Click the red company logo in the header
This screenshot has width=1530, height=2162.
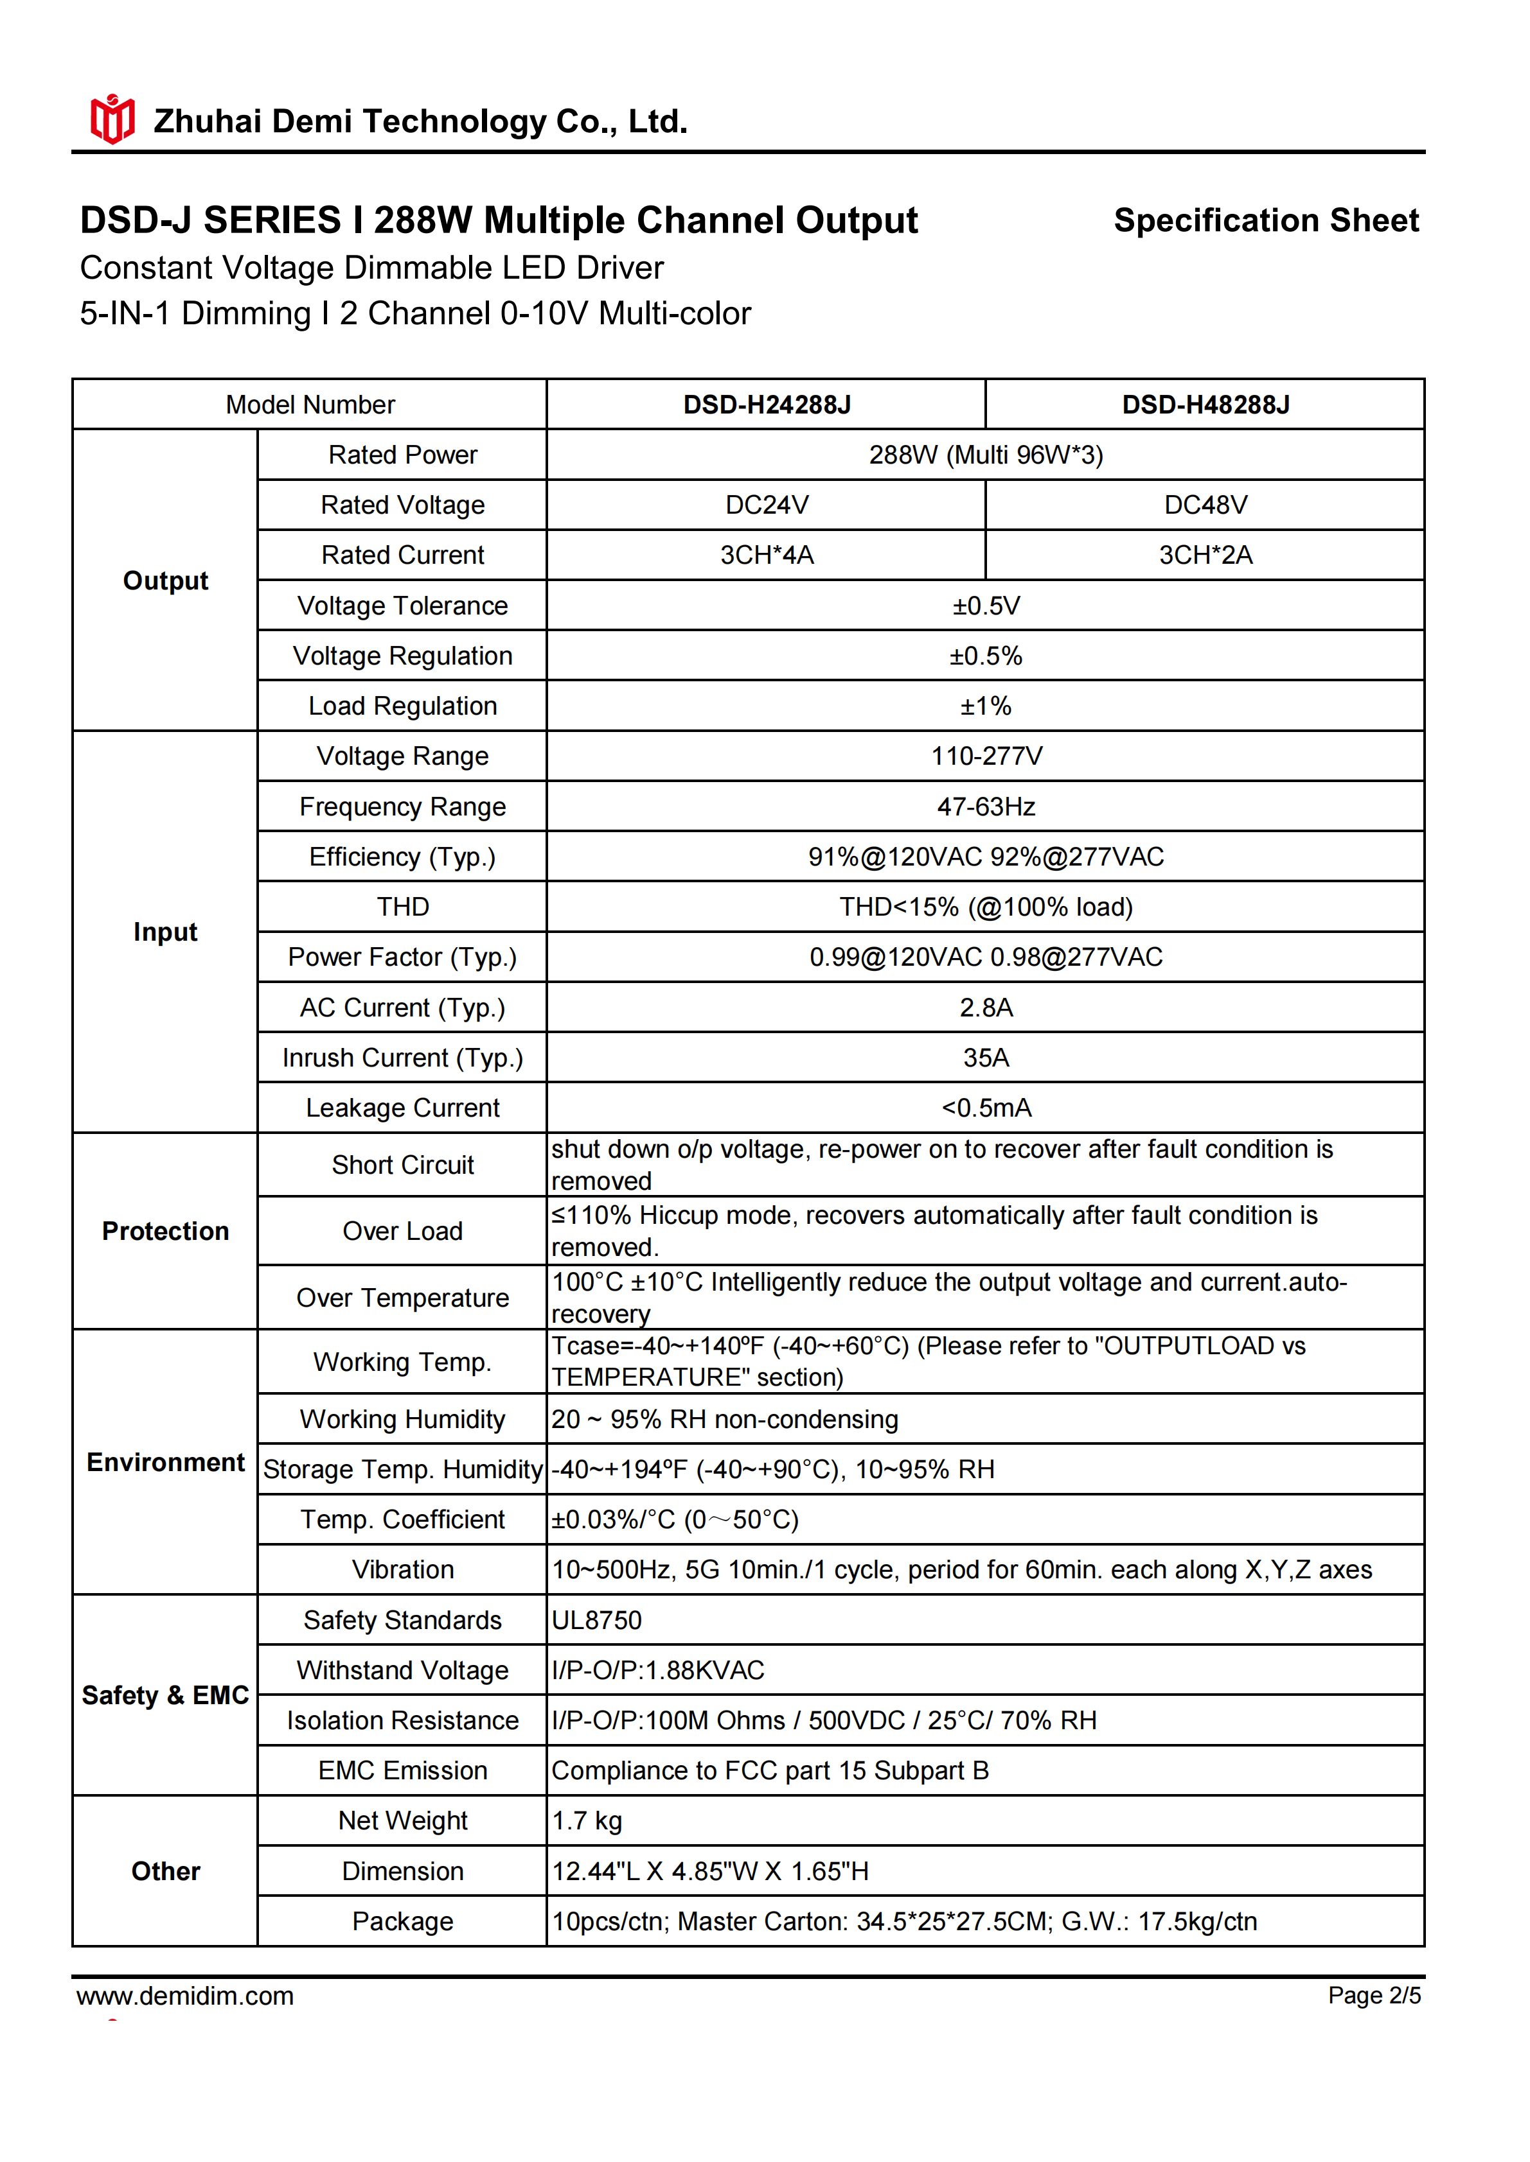point(112,119)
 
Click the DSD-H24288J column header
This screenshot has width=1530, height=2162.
point(766,405)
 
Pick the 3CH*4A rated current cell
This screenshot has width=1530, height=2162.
point(766,555)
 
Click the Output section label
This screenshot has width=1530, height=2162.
point(166,581)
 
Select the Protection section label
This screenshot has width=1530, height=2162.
point(166,1232)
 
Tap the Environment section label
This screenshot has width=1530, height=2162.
point(166,1462)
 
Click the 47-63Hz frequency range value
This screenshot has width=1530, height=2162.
point(986,807)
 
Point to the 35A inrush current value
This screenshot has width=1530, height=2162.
point(986,1058)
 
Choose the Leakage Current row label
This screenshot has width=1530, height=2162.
point(402,1108)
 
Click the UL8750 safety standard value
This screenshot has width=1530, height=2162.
point(596,1621)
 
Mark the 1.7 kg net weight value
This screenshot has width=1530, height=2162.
point(587,1821)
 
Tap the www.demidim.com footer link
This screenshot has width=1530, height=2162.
point(186,1996)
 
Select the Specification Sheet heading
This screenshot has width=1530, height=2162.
point(1265,220)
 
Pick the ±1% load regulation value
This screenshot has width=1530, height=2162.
point(986,706)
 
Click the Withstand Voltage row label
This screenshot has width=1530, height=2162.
point(402,1671)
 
